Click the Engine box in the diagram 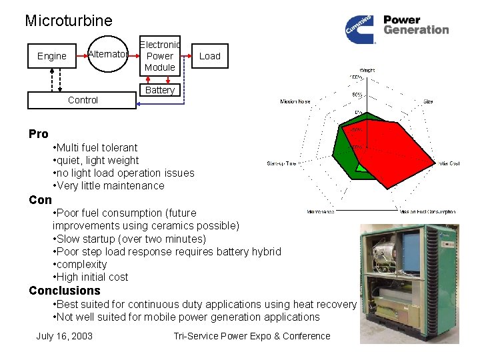click(x=52, y=56)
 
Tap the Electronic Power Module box click(x=160, y=56)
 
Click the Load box click(x=209, y=56)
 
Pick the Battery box click(x=160, y=90)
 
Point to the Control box click(x=83, y=101)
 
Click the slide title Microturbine click(x=69, y=21)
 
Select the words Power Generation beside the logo click(x=416, y=25)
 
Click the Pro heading click(x=39, y=134)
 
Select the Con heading click(x=40, y=199)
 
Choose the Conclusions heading click(x=65, y=291)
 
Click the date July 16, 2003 click(x=64, y=336)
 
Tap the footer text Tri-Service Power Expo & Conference click(x=251, y=336)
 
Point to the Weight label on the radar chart click(x=367, y=70)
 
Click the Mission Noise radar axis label click(x=295, y=102)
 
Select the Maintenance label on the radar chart click(x=321, y=212)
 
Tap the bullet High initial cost click(x=92, y=277)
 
